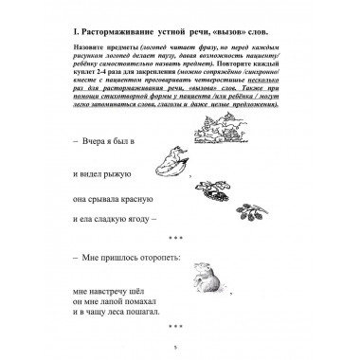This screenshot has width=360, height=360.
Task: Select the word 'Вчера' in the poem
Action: (x=68, y=140)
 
